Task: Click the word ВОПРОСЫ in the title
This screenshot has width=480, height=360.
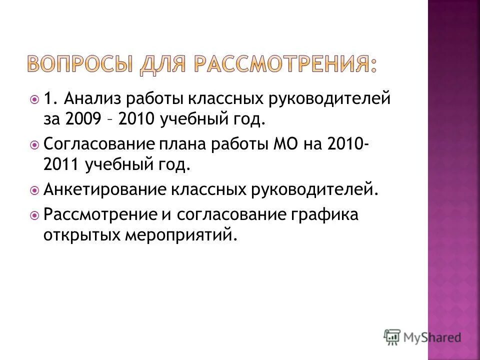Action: [x=77, y=66]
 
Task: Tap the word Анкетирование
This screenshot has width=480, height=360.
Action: [x=105, y=189]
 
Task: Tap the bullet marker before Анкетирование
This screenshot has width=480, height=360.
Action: [x=35, y=190]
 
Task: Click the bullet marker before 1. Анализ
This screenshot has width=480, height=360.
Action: [x=35, y=99]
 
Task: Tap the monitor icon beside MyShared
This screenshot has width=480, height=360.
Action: [x=392, y=336]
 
